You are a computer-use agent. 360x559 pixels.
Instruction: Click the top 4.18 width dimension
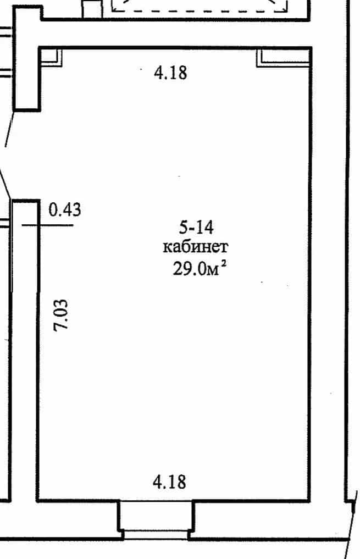(170, 73)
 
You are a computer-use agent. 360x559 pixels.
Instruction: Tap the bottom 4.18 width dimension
(169, 482)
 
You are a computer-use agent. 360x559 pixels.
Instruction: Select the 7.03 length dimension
(60, 315)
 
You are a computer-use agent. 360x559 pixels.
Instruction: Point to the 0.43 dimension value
(65, 209)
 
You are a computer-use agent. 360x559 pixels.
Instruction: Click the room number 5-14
(196, 227)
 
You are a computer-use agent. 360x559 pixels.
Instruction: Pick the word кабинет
(195, 246)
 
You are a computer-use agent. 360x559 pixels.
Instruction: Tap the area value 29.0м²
(200, 268)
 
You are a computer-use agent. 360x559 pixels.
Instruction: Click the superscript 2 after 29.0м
(224, 264)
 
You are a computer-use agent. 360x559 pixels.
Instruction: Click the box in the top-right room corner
(283, 58)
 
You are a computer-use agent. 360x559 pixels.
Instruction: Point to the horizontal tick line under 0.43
(47, 225)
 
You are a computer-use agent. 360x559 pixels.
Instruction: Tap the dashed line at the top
(200, 10)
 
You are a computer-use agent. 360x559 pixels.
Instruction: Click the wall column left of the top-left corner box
(27, 59)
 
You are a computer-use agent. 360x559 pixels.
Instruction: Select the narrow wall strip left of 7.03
(24, 351)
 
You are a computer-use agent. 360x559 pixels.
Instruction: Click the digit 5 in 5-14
(183, 227)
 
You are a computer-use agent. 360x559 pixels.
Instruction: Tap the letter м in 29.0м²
(213, 271)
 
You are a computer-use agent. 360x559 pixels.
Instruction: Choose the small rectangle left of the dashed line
(92, 9)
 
